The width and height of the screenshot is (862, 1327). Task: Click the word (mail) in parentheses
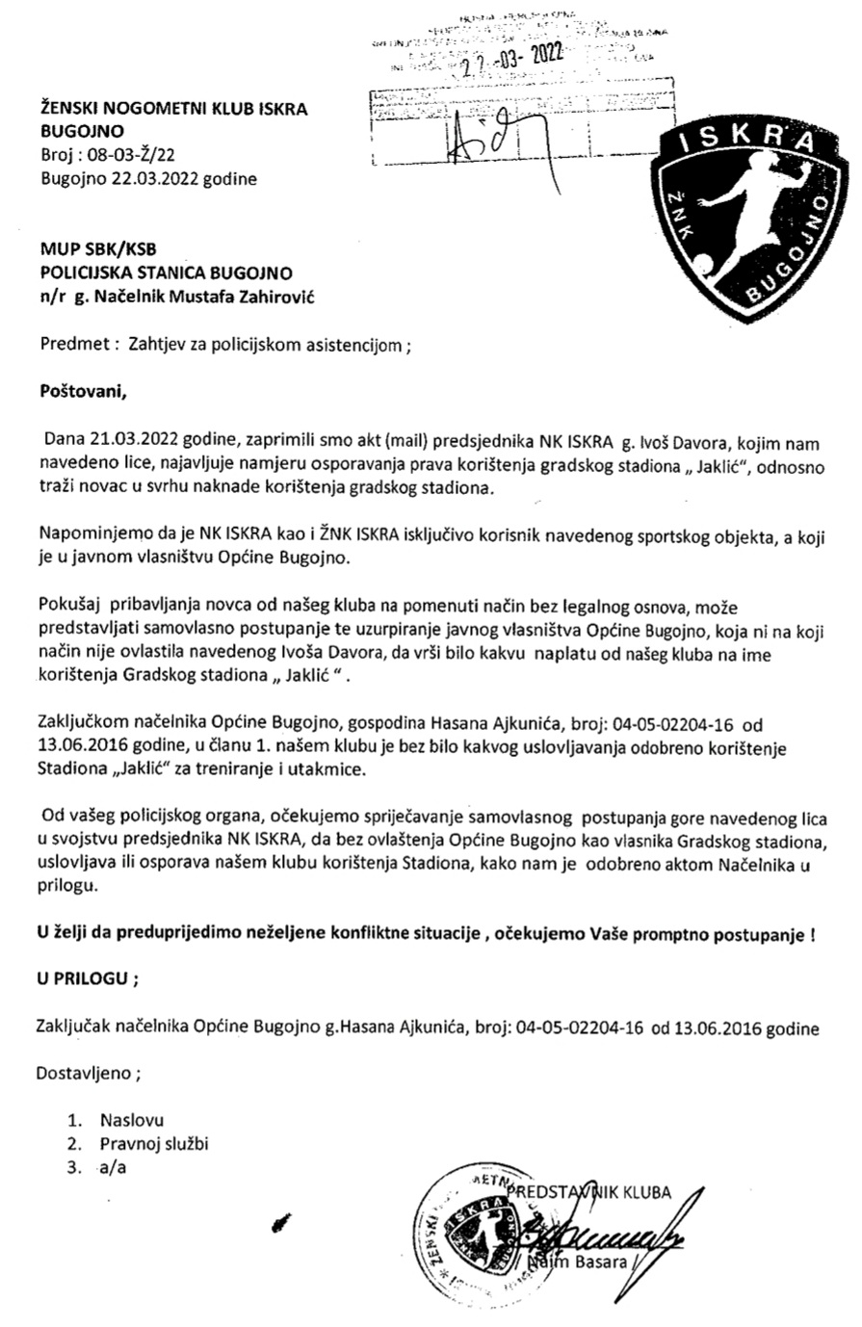click(x=388, y=440)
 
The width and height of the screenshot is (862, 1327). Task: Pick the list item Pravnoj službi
click(x=153, y=1144)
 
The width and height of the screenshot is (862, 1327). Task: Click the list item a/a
click(x=112, y=1167)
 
